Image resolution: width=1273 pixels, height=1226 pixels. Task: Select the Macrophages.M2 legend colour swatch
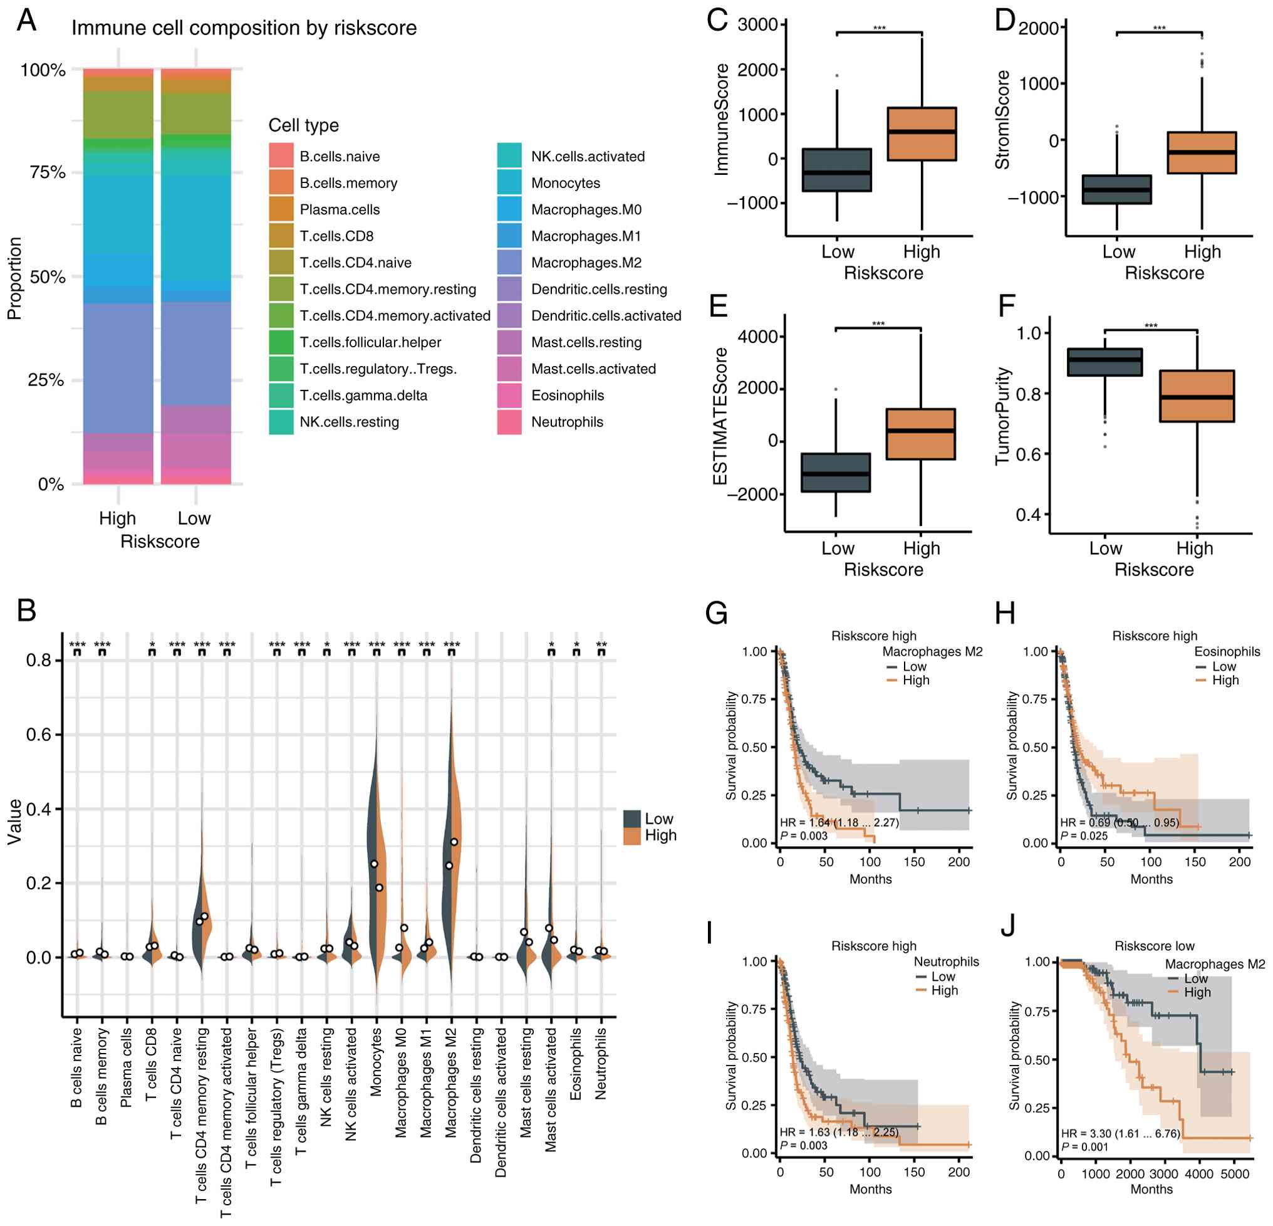coord(509,263)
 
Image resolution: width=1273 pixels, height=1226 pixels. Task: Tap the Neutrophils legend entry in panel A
coord(567,422)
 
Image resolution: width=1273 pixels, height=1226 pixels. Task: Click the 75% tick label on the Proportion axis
coord(48,172)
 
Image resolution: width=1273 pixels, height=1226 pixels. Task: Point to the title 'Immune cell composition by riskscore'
coord(244,28)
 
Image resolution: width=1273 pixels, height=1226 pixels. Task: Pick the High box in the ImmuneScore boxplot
coord(922,134)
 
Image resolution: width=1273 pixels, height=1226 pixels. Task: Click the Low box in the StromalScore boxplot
coord(1116,190)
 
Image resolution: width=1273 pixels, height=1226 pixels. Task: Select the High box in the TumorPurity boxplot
coord(1197,396)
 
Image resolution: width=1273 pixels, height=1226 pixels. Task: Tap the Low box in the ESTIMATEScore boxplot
coord(835,473)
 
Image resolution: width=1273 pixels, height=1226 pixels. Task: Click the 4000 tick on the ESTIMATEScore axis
coord(757,337)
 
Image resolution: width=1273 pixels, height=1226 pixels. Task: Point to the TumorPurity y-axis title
coord(1003,416)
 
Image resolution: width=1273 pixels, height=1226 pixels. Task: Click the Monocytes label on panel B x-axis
coord(376,1062)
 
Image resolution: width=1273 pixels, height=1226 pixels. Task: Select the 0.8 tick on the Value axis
coord(38,660)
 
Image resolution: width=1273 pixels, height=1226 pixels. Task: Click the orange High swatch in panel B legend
coord(632,836)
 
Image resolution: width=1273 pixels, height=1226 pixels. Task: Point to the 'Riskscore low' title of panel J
coord(1154,946)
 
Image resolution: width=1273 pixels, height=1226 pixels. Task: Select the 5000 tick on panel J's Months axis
coord(1235,1174)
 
